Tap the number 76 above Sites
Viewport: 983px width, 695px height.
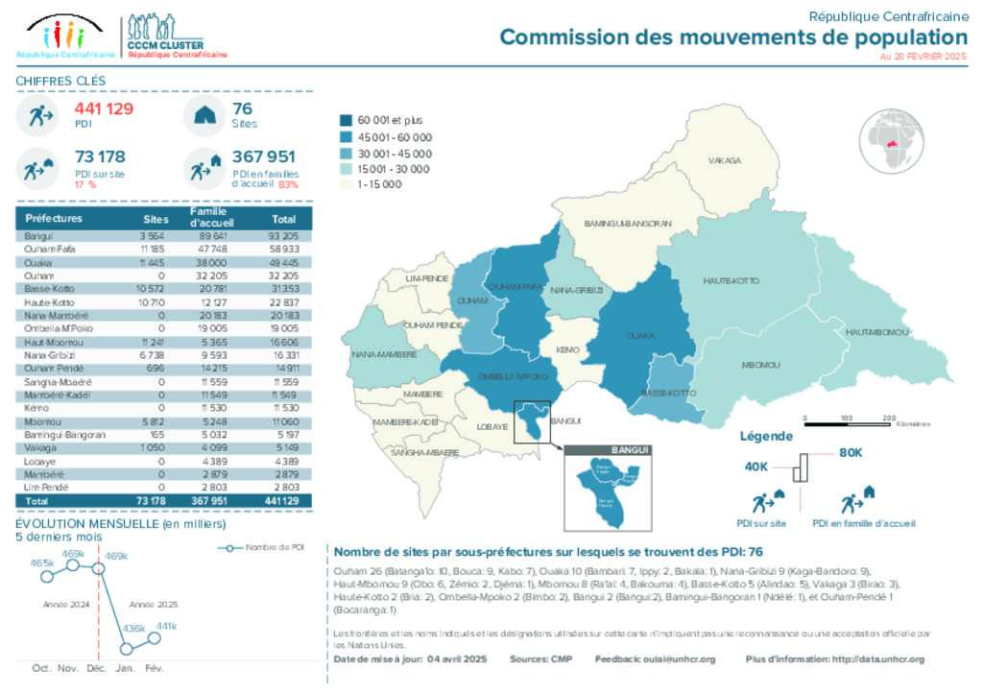(x=243, y=109)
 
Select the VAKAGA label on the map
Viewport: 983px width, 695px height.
(x=725, y=160)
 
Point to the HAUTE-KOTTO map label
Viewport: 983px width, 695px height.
(x=731, y=280)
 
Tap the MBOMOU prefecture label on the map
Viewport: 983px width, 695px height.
(x=760, y=365)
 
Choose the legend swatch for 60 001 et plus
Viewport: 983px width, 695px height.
(x=347, y=120)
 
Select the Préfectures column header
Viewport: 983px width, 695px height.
(x=54, y=218)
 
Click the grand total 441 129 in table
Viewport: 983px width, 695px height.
(x=283, y=501)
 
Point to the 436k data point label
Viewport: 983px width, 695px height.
(x=133, y=630)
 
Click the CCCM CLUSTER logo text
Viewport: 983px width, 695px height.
(x=164, y=44)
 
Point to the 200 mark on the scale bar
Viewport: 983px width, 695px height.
(x=889, y=418)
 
